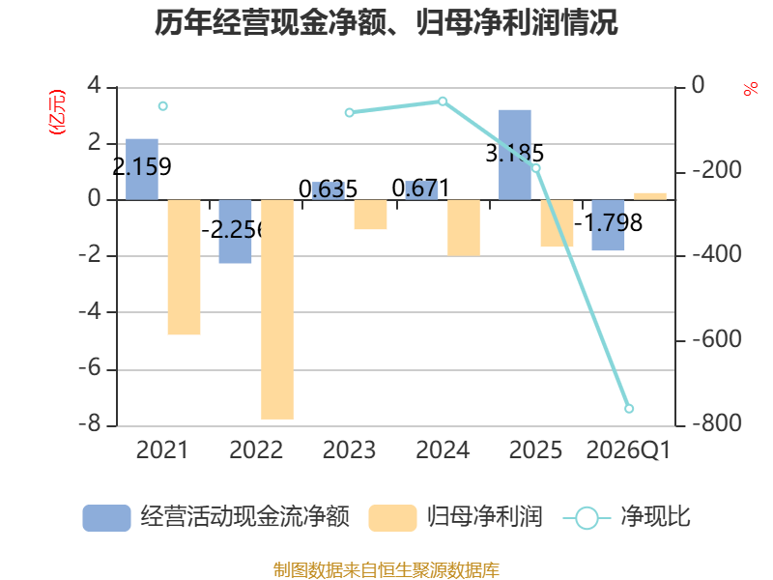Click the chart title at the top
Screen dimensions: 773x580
click(386, 22)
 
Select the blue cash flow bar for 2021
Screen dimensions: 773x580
click(142, 169)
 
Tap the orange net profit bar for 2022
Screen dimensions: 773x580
click(277, 309)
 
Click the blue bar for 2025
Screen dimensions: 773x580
click(515, 155)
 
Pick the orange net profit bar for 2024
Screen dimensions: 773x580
click(464, 228)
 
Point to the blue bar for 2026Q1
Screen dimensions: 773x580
click(608, 225)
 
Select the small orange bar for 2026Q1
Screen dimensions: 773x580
click(649, 196)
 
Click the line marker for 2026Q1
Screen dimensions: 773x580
click(629, 408)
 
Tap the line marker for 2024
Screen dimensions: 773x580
click(443, 101)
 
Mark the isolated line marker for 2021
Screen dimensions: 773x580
click(162, 106)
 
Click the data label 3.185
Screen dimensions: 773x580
click(515, 153)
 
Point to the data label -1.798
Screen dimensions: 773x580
click(609, 223)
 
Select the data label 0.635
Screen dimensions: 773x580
click(328, 189)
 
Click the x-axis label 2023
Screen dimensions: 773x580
click(349, 449)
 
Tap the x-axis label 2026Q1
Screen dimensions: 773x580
click(629, 450)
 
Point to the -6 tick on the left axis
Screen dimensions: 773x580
click(90, 368)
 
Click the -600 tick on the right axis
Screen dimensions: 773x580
click(717, 339)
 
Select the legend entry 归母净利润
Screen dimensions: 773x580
click(455, 517)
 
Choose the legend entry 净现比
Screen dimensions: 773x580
click(626, 517)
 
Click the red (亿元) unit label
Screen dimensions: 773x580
click(57, 112)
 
